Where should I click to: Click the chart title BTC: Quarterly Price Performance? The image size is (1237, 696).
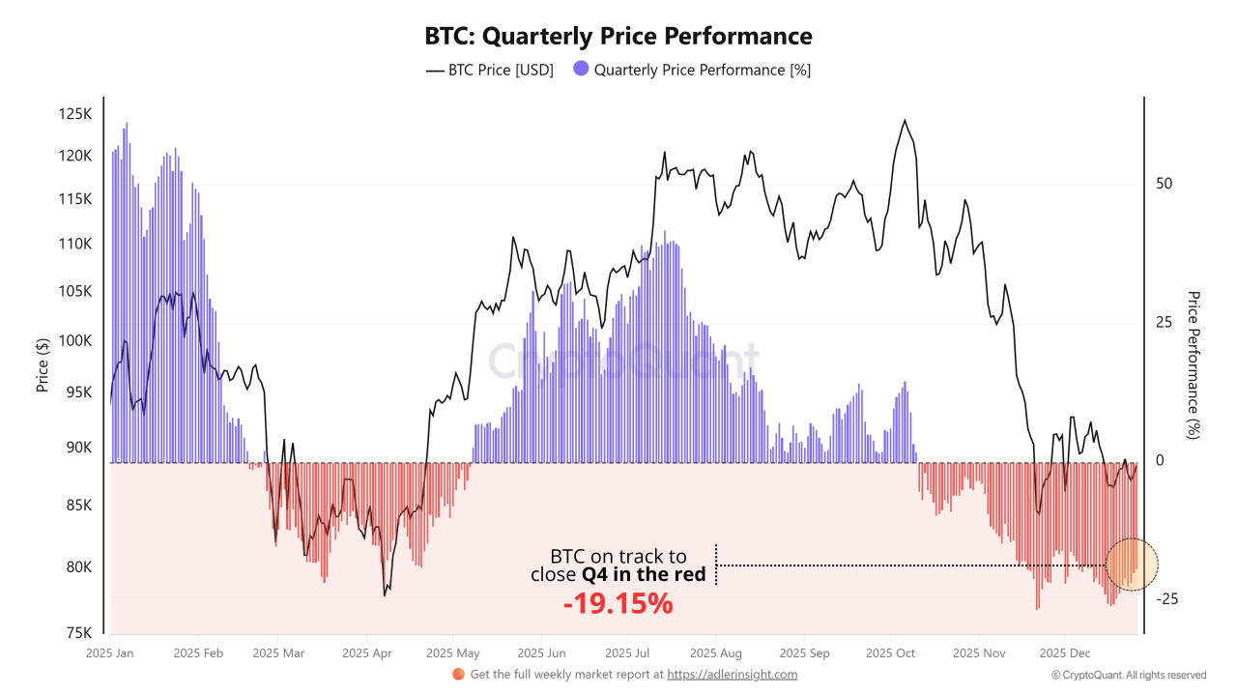[618, 37]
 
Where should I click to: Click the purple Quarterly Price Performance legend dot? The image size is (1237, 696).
[581, 70]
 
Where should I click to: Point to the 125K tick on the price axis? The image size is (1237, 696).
[75, 114]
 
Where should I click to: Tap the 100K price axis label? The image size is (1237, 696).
[75, 341]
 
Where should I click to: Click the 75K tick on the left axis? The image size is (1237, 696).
[78, 634]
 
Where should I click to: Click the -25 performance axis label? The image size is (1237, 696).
[1166, 599]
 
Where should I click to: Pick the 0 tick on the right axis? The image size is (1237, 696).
[1160, 461]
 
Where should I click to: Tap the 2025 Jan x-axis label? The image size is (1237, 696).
[109, 653]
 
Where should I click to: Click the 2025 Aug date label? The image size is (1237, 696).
[717, 653]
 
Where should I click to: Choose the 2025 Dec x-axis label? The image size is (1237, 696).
[1064, 653]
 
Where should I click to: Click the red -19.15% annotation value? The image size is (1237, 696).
[618, 605]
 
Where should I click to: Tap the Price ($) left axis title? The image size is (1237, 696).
[43, 364]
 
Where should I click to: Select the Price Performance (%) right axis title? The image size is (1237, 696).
[1194, 364]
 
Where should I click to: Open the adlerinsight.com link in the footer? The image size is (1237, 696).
[732, 674]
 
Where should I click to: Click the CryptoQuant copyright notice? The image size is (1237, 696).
[1128, 675]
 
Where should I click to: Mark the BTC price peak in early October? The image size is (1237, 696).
[905, 121]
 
